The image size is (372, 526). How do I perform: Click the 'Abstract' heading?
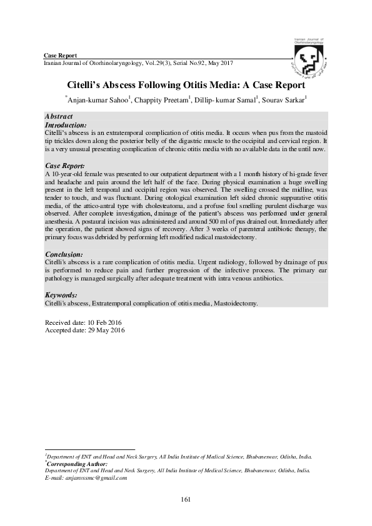point(59,117)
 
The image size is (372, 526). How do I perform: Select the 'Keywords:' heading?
point(62,294)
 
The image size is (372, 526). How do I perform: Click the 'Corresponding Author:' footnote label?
point(78,464)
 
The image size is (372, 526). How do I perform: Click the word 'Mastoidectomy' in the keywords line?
point(235,302)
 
